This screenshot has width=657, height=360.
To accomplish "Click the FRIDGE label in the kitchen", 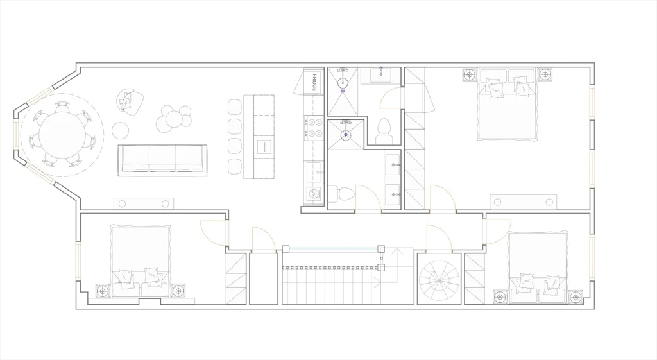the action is click(x=314, y=83).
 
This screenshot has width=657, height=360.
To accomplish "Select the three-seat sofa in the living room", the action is click(x=162, y=160).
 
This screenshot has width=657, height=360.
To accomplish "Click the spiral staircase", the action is click(x=439, y=279).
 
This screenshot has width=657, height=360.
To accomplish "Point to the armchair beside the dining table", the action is click(x=130, y=102).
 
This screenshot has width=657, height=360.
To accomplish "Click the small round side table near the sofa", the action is click(x=120, y=130).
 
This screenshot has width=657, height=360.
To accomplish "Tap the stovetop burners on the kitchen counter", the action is click(x=314, y=128).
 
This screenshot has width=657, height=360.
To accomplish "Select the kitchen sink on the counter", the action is click(x=314, y=172).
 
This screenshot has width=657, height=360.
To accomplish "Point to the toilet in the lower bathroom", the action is click(x=341, y=194).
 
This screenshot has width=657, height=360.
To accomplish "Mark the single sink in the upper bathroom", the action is click(x=381, y=76).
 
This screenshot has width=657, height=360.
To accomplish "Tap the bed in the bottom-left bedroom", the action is click(x=141, y=261).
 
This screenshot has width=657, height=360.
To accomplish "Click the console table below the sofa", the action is click(x=144, y=203).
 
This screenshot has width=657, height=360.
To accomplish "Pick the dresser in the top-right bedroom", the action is click(x=524, y=202).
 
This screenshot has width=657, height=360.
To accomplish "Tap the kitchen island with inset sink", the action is click(x=259, y=137).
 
